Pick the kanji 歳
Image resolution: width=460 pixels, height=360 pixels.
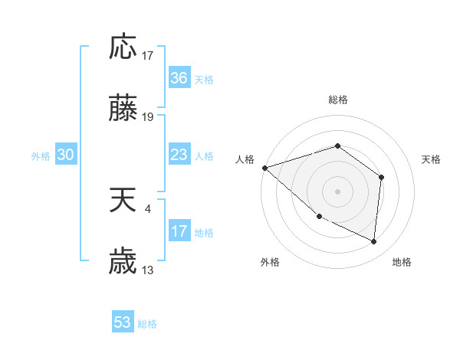(x=123, y=263)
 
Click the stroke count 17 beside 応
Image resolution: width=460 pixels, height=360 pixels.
(x=148, y=56)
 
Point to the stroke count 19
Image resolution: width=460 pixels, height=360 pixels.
(x=148, y=117)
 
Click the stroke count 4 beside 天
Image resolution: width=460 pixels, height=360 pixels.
(x=147, y=208)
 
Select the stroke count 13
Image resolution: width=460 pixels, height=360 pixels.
(x=148, y=270)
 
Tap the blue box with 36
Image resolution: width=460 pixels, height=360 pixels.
(x=179, y=78)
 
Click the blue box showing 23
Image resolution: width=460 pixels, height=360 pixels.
(x=179, y=155)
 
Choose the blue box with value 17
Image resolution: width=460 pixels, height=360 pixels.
(x=179, y=231)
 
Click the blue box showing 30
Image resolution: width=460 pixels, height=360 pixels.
(x=66, y=155)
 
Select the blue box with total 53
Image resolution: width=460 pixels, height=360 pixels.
(x=123, y=322)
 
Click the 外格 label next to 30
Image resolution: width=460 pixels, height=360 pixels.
(x=41, y=155)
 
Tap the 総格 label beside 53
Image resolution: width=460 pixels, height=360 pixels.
(x=147, y=323)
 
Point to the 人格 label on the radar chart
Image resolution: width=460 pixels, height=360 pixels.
(x=245, y=159)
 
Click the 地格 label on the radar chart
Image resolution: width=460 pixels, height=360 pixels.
(x=402, y=262)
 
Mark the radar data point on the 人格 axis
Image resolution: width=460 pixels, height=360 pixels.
(x=264, y=168)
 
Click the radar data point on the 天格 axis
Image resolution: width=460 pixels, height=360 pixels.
(x=381, y=178)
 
